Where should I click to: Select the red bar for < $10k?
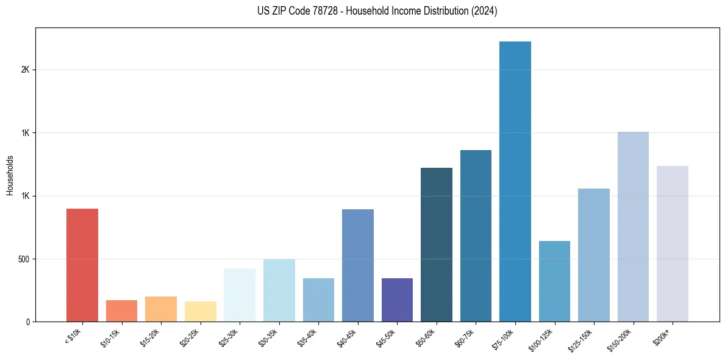(82, 265)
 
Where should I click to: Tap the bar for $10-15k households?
(121, 311)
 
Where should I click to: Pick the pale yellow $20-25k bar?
(200, 311)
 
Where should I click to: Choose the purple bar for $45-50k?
(397, 300)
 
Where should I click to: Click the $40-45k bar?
(358, 265)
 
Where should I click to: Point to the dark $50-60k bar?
(437, 244)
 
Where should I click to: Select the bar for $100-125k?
(554, 281)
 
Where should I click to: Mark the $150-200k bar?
(633, 226)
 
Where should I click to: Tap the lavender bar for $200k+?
(673, 243)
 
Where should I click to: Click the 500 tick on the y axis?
(24, 259)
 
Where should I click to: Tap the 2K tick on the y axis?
(26, 70)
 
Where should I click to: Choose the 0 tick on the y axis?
(29, 322)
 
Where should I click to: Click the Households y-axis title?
(10, 175)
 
